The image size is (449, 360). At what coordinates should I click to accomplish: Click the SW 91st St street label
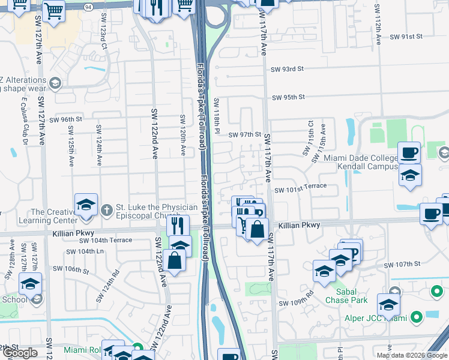click(x=406, y=37)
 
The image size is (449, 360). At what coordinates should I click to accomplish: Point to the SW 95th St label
click(x=288, y=97)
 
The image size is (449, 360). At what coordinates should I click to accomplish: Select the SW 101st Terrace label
click(x=300, y=190)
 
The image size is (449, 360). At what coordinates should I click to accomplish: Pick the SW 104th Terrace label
click(x=106, y=240)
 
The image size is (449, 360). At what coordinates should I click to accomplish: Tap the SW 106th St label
click(x=71, y=270)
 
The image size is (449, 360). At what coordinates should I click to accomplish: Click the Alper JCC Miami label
click(x=374, y=318)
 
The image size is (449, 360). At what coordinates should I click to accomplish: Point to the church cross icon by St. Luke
click(x=106, y=209)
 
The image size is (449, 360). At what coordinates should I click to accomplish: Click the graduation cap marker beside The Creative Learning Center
click(x=86, y=205)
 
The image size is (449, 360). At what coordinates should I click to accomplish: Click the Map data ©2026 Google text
click(x=412, y=355)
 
